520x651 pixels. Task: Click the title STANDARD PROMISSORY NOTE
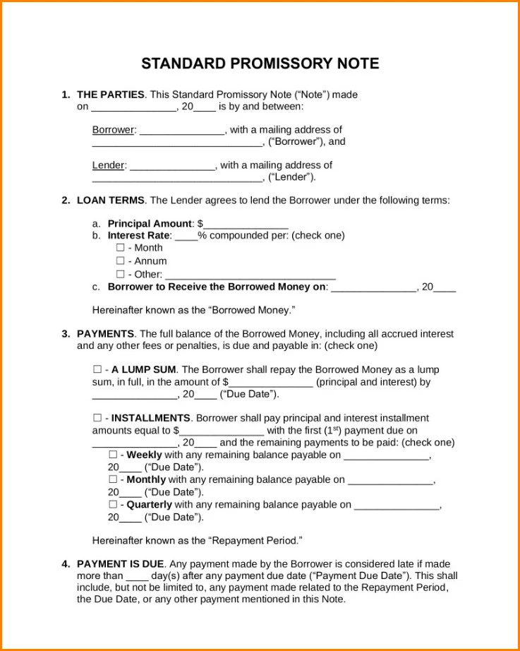point(260,64)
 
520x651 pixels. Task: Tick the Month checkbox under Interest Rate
point(120,248)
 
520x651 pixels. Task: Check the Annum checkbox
point(120,261)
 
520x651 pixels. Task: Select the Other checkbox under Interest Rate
point(120,274)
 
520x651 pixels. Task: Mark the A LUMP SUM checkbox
point(97,369)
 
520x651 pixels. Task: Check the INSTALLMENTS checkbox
point(97,418)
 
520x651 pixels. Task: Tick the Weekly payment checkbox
point(113,455)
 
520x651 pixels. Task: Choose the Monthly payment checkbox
point(113,479)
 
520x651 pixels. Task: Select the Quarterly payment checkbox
point(113,505)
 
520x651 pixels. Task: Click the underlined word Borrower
point(113,130)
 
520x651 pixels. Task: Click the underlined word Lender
point(109,165)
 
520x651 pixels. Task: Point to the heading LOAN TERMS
point(111,201)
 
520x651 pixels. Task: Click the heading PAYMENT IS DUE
point(120,563)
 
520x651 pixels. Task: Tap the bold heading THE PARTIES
point(111,95)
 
